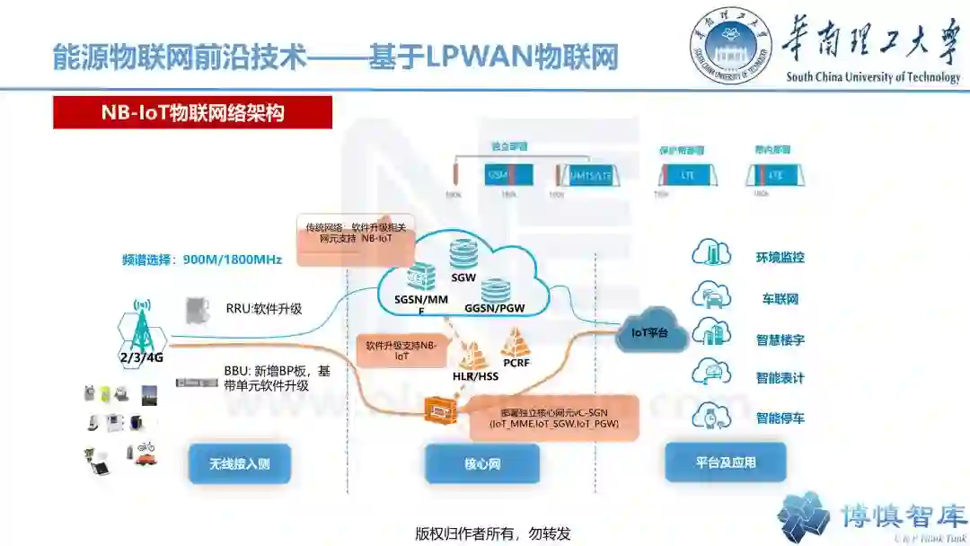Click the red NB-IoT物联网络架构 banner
[192, 113]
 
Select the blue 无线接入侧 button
[239, 464]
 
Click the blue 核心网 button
[481, 464]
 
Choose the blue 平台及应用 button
[725, 462]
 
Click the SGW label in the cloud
[463, 277]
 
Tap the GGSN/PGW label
[494, 307]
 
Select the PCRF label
[516, 364]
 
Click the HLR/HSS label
[475, 376]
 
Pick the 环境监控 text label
[780, 257]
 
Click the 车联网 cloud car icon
[711, 296]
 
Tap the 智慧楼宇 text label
[780, 339]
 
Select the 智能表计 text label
[780, 378]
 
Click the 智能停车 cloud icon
[711, 416]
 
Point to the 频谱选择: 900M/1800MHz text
[202, 260]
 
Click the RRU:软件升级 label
[264, 309]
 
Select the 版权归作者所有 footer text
[493, 533]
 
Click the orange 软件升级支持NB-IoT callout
[401, 350]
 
